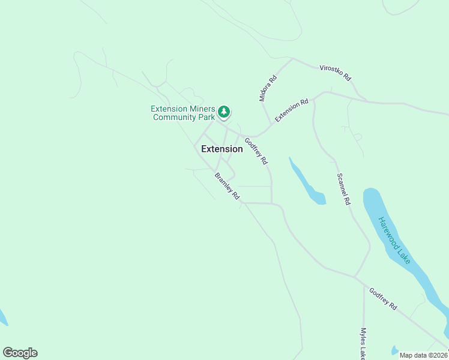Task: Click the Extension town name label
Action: click(x=221, y=149)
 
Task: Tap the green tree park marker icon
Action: click(x=224, y=112)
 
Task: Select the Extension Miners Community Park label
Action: click(x=182, y=113)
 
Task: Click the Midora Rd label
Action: click(x=268, y=88)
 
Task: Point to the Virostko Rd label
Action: click(x=335, y=74)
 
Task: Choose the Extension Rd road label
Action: click(x=292, y=110)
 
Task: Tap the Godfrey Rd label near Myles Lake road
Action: click(x=383, y=298)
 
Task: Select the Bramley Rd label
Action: click(x=228, y=186)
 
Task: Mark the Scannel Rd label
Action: click(x=343, y=190)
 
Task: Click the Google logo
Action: click(x=20, y=353)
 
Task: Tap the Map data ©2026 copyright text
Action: click(x=423, y=355)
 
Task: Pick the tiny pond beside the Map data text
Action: click(x=394, y=349)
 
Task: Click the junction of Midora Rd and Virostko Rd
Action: click(x=292, y=59)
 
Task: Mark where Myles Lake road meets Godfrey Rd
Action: click(x=363, y=285)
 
